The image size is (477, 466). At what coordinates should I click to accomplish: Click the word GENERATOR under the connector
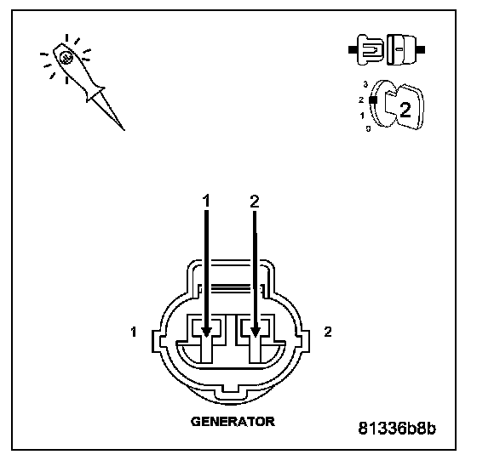[x=233, y=421]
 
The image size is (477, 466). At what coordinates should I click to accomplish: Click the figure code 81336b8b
[x=397, y=429]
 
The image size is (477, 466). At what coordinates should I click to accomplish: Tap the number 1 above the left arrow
[x=206, y=201]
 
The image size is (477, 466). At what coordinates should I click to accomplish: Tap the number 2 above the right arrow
[x=255, y=201]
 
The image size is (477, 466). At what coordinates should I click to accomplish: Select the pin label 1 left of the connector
[x=133, y=332]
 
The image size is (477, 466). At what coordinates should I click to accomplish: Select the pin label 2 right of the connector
[x=328, y=332]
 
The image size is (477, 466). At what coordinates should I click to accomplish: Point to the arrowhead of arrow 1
[x=206, y=332]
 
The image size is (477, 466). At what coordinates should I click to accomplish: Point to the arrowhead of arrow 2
[x=255, y=332]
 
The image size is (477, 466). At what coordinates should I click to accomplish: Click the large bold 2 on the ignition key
[x=405, y=110]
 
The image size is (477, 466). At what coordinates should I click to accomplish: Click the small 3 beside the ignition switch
[x=365, y=84]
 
